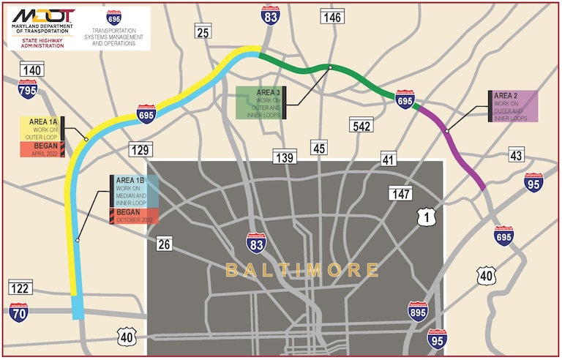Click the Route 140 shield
[x=31, y=70]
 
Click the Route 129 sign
[x=142, y=150]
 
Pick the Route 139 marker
[x=284, y=157]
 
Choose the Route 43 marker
[x=517, y=155]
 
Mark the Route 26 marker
[x=165, y=244]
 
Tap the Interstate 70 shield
[x=20, y=312]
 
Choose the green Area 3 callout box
[x=261, y=102]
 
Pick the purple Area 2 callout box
[x=515, y=106]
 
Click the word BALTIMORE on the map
[x=301, y=270]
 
